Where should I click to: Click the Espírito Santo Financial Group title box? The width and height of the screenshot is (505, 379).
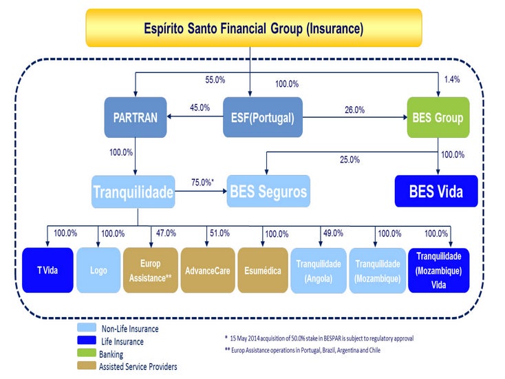pos(254,28)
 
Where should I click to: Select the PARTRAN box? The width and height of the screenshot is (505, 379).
pos(136,117)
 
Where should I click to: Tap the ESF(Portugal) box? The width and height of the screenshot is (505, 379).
pos(263,117)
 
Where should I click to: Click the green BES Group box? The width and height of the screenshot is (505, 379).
pos(438,117)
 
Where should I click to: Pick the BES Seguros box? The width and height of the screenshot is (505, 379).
pos(268,192)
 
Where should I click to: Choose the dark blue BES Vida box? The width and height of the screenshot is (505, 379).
pos(436,192)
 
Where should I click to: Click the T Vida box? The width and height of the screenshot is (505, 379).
pos(47,270)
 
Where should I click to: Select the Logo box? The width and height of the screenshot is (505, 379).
pos(98,270)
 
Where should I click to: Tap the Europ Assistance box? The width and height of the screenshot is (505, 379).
pos(151,270)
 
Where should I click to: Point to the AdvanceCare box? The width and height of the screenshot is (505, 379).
pos(208,270)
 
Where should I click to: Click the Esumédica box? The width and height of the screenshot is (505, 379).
pos(263,270)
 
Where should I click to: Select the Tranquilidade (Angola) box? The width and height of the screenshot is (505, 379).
pos(319,271)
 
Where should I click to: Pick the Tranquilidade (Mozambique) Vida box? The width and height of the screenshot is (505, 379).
pos(439,270)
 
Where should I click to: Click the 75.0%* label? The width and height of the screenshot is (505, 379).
pos(202,183)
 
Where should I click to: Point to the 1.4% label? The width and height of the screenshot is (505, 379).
pos(452,79)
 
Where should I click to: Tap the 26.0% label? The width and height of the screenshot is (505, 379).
pos(354,110)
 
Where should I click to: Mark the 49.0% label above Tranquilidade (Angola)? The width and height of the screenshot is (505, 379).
pos(333,233)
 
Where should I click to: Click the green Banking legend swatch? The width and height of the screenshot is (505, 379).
pos(87,353)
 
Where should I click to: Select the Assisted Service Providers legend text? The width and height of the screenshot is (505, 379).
pos(138,367)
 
